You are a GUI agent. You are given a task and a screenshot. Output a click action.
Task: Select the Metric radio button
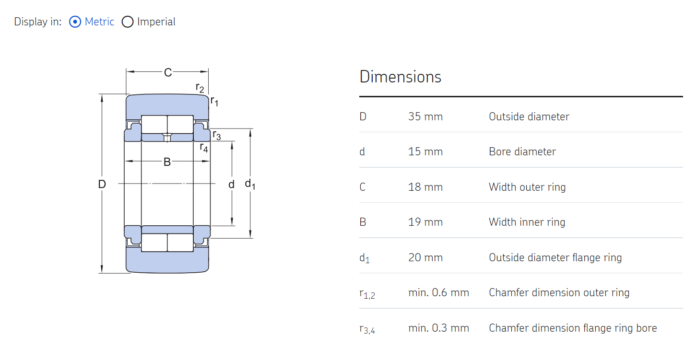point(75,22)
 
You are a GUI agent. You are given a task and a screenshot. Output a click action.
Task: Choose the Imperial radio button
point(127,22)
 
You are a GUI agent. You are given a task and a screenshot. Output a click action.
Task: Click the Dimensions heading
point(400,77)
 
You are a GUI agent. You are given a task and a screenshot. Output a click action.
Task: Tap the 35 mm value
point(425,116)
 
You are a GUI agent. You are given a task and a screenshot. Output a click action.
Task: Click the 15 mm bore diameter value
point(425,152)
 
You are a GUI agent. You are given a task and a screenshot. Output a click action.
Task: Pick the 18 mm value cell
point(425,187)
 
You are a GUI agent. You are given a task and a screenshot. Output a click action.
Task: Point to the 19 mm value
point(425,222)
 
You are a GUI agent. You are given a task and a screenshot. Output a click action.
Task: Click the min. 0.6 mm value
point(438,292)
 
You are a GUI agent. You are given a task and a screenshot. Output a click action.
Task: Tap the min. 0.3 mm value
point(438,328)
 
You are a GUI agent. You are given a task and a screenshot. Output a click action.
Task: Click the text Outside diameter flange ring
point(555,257)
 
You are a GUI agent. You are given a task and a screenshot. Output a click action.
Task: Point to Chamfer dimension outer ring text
point(559,292)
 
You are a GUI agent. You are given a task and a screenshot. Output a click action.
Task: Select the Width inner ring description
point(527,222)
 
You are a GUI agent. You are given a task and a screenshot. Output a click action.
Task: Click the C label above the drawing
point(167,72)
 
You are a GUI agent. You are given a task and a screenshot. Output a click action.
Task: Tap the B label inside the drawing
point(167,162)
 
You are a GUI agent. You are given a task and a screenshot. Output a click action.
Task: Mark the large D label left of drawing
point(102,184)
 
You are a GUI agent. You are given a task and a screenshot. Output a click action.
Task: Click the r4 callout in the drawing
point(204,148)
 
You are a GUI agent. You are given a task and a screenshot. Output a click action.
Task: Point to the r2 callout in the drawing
point(200,88)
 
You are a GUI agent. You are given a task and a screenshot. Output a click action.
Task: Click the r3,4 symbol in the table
point(367,328)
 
